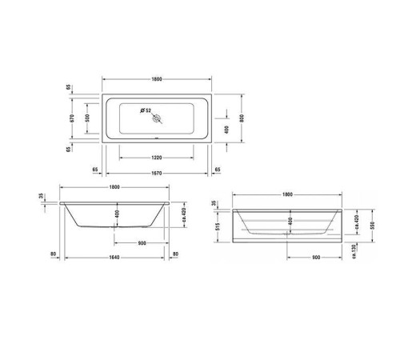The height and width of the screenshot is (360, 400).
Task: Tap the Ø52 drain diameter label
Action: (147, 110)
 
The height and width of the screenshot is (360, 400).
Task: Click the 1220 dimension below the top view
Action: (157, 158)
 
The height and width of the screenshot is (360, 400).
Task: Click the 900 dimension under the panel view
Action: (316, 258)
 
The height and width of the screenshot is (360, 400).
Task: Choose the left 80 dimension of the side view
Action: (53, 256)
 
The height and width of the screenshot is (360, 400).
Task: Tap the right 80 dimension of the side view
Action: (175, 256)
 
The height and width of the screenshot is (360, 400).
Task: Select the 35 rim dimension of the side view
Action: (41, 196)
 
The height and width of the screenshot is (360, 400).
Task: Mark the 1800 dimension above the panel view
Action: (287, 194)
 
